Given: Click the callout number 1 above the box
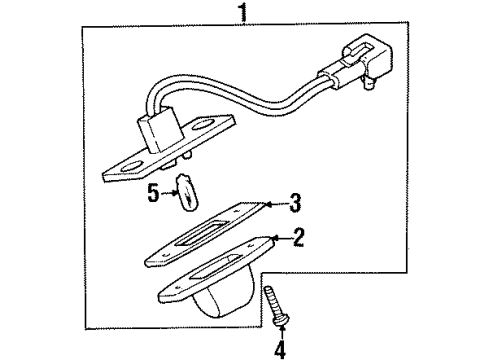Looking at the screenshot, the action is coord(242,14).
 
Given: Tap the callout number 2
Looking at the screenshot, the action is coord(297,237).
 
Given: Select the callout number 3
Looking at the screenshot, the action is coord(294,207).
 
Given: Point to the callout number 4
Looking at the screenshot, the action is coord(281,349).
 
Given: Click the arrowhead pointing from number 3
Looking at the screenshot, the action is coord(267,207).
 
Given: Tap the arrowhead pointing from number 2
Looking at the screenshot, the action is coord(272,238).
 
